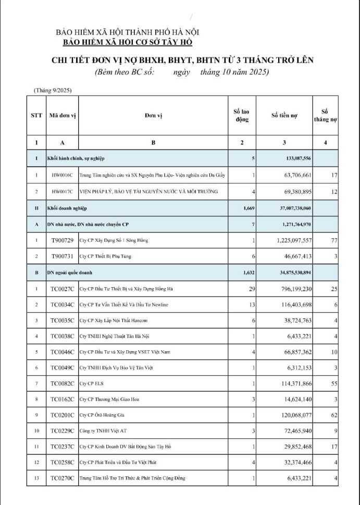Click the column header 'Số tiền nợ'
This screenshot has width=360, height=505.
tap(284, 115)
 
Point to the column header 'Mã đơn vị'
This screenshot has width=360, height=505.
tap(63, 115)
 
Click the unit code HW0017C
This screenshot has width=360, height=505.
tap(63, 192)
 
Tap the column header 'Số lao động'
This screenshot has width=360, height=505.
tap(242, 115)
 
